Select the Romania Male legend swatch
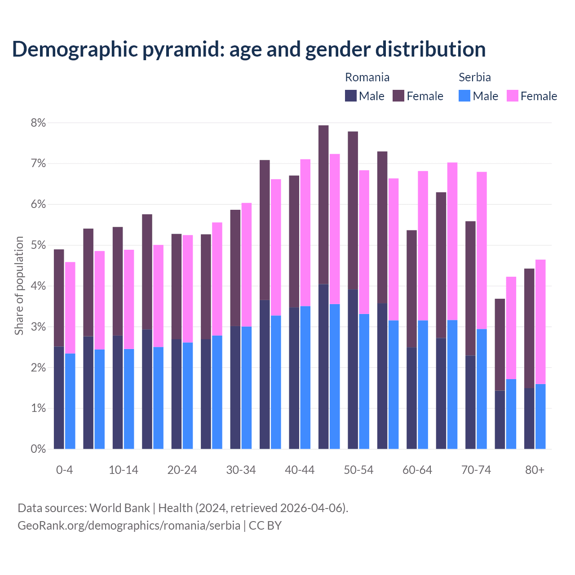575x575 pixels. click(x=351, y=96)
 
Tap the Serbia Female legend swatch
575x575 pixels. click(x=512, y=96)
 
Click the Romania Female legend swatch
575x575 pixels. click(x=398, y=96)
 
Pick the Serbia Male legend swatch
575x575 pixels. click(x=464, y=96)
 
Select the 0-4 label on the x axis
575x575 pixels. click(x=64, y=470)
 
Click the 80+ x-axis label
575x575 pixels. click(x=535, y=470)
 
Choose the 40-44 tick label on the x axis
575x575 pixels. click(x=300, y=470)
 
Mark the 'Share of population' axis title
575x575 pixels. click(x=19, y=286)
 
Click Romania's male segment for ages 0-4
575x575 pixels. click(x=59, y=398)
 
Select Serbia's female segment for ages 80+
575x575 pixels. click(x=540, y=322)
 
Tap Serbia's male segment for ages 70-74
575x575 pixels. click(x=482, y=389)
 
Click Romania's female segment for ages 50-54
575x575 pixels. click(x=353, y=210)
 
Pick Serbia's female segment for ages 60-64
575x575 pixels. click(x=423, y=246)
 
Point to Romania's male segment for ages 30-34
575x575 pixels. click(x=235, y=387)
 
